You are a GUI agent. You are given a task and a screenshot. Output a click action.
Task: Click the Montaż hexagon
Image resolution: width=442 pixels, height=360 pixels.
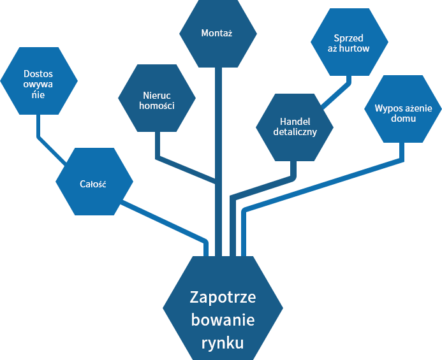218,33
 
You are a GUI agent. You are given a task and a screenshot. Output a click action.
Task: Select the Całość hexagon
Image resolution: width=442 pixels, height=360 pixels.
94,182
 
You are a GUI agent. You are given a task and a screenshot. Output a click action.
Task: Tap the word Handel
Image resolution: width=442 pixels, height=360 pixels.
295,122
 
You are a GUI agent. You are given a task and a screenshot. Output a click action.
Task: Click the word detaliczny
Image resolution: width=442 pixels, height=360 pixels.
295,132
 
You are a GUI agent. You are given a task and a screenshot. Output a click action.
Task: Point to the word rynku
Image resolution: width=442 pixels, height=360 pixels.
223,343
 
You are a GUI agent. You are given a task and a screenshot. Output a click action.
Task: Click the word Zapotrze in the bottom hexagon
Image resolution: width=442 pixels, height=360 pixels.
223,297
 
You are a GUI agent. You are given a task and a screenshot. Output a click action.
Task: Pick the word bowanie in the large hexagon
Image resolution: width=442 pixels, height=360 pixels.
223,320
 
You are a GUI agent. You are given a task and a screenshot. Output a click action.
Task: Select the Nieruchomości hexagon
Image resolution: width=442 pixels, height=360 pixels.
157,98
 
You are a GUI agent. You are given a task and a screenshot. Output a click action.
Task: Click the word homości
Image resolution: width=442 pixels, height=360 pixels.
157,106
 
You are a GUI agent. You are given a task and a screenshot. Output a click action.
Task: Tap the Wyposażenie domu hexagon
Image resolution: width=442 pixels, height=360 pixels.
403,109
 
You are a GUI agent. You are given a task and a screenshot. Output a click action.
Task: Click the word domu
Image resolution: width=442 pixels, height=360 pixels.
403,119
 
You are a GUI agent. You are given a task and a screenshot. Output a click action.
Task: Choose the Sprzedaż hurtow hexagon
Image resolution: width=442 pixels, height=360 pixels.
350,42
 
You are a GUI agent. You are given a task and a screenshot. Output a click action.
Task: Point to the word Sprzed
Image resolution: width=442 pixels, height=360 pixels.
348,38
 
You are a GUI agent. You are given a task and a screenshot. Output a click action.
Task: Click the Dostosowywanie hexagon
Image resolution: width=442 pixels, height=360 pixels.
39,81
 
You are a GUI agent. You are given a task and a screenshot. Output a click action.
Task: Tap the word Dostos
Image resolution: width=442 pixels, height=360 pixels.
38,74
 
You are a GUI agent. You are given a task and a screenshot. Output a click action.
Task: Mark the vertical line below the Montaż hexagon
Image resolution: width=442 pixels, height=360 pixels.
218,162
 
